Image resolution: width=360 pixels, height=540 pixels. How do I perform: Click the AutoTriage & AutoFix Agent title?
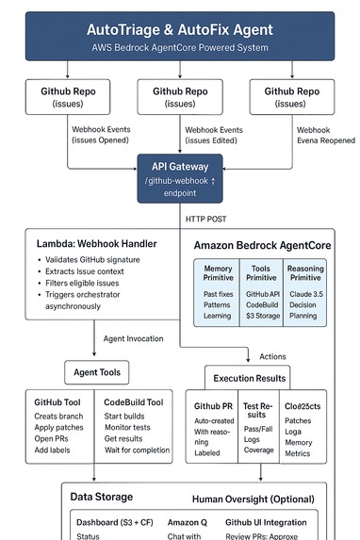click(x=179, y=29)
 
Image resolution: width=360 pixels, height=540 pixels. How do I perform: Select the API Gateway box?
click(x=179, y=178)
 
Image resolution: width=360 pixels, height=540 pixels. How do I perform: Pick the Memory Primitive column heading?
click(x=218, y=273)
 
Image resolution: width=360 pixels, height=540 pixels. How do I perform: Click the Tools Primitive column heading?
click(x=261, y=273)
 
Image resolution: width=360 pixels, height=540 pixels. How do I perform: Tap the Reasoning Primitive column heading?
click(x=303, y=273)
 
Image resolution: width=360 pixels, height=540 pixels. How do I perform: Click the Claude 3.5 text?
click(x=303, y=295)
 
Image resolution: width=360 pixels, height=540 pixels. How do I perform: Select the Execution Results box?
click(x=251, y=377)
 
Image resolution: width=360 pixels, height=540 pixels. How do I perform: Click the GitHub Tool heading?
click(x=58, y=402)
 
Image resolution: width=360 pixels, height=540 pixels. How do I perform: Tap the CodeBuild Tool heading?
click(x=134, y=402)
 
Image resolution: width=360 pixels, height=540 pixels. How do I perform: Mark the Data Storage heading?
click(x=102, y=496)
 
